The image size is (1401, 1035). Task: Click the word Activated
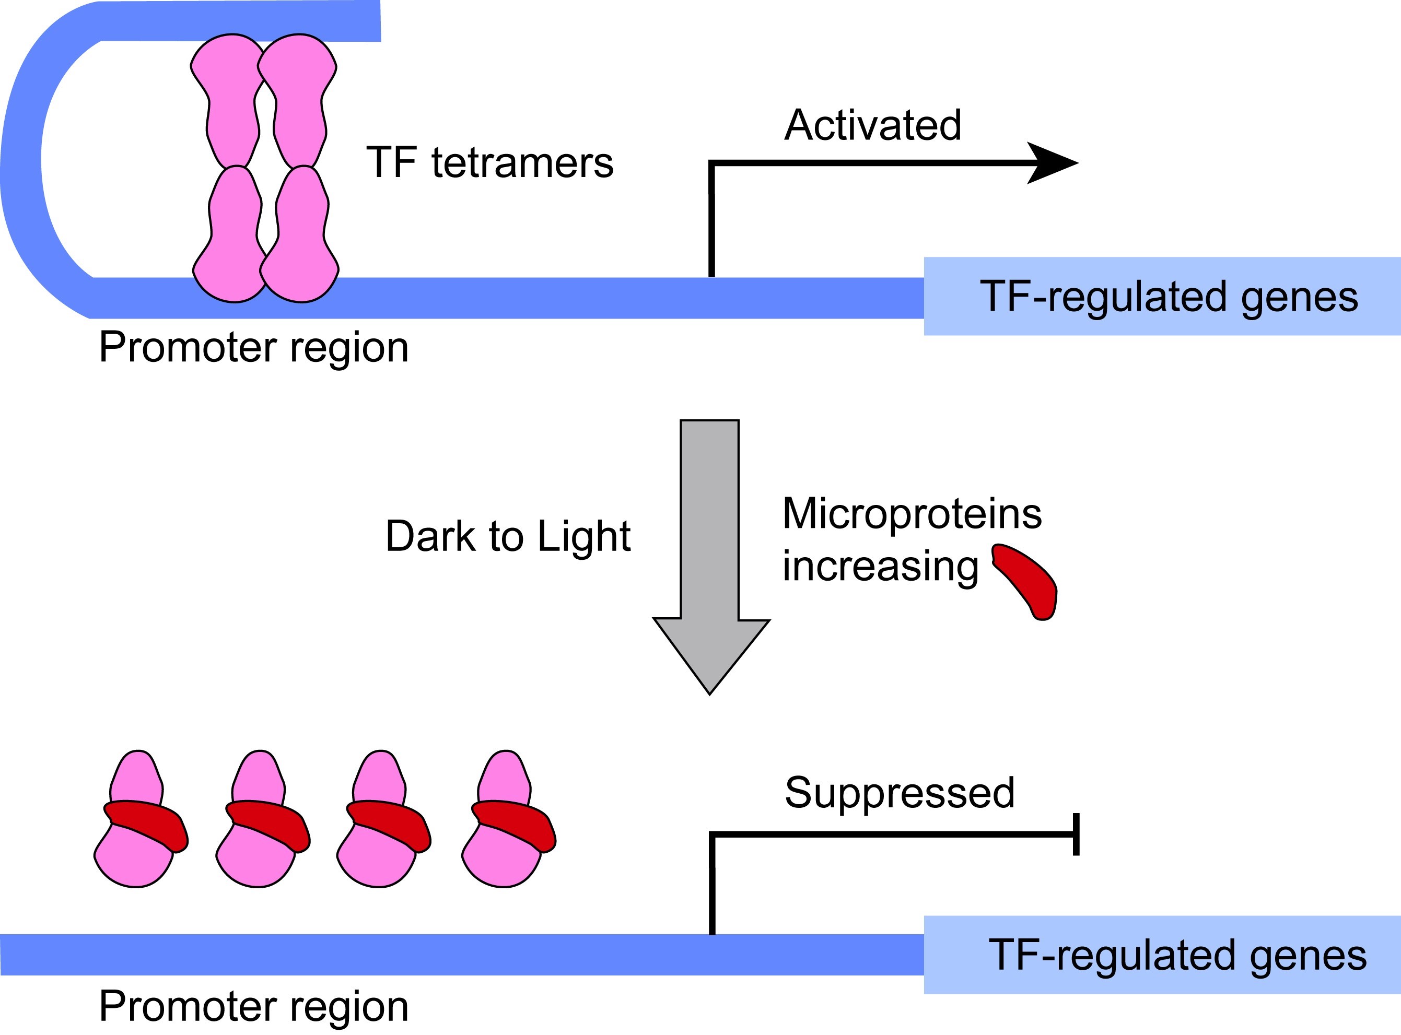pos(873,125)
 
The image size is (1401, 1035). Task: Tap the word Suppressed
pos(900,793)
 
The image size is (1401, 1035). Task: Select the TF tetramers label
pos(489,162)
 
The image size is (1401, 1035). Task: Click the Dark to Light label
pos(508,536)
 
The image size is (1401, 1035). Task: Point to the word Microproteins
pos(912,514)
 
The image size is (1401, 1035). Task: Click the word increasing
pos(880,567)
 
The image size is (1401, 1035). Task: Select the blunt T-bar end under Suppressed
pos(1076,834)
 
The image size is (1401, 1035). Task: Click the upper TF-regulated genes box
pos(1162,296)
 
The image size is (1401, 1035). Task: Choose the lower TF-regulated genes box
pos(1162,955)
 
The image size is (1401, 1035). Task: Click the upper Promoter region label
pos(254,348)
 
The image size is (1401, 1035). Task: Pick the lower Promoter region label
pos(254,1007)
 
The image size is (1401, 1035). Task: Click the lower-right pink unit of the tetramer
pos(301,234)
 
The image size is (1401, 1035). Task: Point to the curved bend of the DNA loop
pos(21,160)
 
